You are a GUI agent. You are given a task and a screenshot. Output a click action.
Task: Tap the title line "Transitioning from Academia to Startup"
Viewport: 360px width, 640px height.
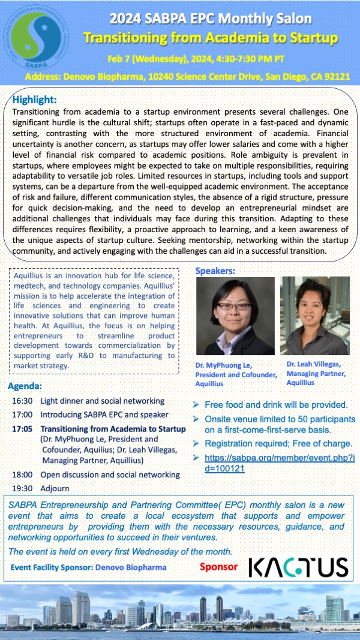[x=210, y=38]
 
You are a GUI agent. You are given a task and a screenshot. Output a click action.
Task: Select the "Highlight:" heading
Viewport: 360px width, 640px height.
[x=34, y=100]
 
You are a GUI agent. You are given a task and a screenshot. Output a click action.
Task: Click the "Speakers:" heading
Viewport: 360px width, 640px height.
[x=216, y=271]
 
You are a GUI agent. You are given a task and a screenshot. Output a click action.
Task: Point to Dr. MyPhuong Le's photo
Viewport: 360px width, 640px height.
[x=235, y=316]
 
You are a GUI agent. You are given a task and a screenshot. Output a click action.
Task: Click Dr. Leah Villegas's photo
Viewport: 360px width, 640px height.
[x=314, y=316]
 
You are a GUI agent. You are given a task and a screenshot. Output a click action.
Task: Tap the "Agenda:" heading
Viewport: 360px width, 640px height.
[x=25, y=386]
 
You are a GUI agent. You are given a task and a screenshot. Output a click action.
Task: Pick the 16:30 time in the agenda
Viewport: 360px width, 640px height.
[x=22, y=401]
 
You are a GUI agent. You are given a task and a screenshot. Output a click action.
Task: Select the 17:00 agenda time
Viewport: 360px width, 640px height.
[x=22, y=414]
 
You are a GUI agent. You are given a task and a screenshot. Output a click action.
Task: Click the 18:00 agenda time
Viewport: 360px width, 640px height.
[x=22, y=474]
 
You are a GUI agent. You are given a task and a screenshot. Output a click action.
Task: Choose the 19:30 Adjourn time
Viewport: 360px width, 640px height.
[x=22, y=488]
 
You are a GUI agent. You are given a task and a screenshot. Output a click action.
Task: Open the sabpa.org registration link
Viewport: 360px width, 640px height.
[x=280, y=463]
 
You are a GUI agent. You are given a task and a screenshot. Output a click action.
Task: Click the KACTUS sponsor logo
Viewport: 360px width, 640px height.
[x=298, y=567]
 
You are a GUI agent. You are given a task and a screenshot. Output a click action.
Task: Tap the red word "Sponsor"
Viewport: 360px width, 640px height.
[x=219, y=567]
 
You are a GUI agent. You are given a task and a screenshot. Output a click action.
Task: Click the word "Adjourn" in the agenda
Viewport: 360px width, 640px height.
[x=55, y=488]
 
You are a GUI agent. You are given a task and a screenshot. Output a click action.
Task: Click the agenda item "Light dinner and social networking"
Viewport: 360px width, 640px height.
[x=102, y=401]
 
